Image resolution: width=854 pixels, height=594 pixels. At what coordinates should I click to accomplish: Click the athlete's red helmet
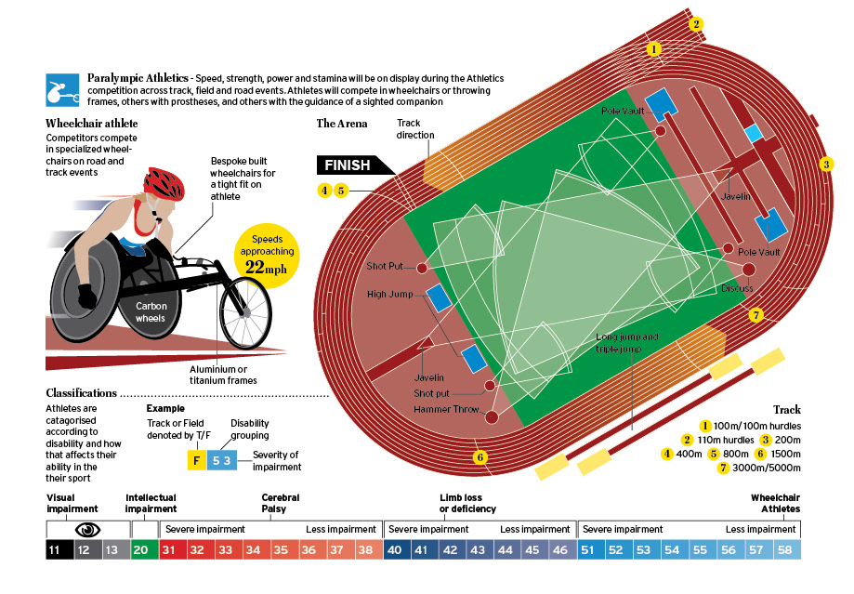164,182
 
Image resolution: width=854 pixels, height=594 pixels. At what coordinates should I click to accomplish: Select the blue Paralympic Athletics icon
61,90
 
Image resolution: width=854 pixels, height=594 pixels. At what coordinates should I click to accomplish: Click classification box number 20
142,549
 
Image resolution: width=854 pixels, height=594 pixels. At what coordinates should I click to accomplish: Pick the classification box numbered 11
57,549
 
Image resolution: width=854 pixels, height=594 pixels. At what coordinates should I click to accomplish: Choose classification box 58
786,549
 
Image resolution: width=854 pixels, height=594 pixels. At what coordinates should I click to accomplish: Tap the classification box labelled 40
393,549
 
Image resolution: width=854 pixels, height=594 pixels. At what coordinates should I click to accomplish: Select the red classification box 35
281,549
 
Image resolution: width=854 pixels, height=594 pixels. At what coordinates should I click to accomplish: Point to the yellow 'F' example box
195,458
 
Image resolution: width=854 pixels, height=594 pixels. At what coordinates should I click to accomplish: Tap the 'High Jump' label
389,295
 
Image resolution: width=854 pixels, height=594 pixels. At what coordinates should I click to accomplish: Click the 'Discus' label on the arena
737,288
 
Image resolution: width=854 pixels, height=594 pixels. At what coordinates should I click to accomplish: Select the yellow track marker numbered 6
480,457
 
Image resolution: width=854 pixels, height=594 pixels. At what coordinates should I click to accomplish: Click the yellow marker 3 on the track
825,165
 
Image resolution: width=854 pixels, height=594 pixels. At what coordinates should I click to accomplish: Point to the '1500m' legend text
787,454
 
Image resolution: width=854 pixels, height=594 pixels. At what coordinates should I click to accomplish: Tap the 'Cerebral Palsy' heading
281,503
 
